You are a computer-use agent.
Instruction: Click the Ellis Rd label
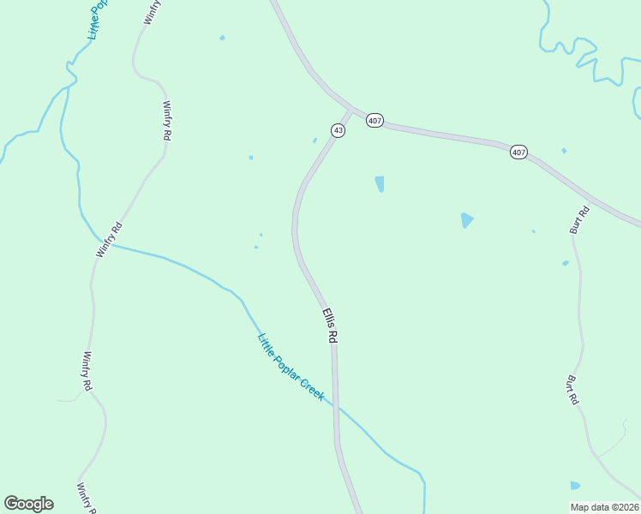329,326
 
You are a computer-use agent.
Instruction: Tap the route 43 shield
338,130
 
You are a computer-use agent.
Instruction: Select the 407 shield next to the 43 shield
374,121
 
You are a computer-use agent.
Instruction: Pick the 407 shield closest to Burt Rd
518,152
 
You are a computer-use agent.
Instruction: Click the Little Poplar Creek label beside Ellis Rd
291,368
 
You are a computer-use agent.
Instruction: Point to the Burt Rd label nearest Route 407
579,220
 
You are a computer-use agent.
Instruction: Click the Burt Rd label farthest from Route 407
572,389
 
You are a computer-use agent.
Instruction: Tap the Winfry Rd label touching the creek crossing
110,240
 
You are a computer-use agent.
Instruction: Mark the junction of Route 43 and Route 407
352,111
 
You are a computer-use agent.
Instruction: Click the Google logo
28,504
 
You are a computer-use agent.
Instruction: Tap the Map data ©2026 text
604,507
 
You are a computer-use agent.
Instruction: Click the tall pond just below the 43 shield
379,183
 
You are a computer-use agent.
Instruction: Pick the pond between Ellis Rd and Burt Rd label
466,220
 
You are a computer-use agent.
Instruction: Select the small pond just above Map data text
575,486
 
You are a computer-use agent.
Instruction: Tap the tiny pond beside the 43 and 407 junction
315,140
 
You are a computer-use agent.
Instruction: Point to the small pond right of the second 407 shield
564,151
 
